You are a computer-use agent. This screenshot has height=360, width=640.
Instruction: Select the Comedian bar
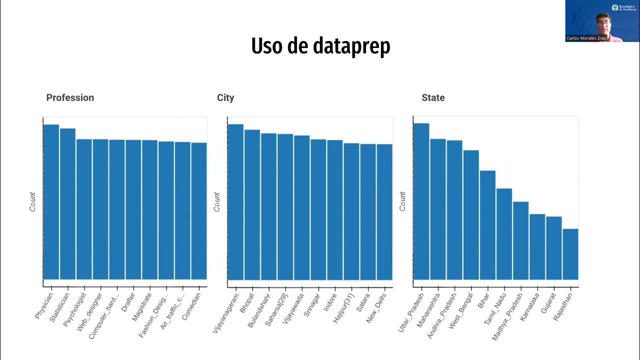[199, 210]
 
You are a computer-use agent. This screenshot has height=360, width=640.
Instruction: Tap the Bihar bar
[487, 225]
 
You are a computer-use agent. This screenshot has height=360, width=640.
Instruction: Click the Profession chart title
[70, 98]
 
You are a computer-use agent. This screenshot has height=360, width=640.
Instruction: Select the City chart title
[225, 98]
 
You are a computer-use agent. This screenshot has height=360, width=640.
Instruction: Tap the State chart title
[433, 98]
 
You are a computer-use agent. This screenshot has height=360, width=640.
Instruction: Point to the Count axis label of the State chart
[402, 201]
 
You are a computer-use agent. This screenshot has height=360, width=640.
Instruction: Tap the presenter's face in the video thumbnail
[603, 22]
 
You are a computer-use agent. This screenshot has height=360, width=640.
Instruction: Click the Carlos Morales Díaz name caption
[586, 38]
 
